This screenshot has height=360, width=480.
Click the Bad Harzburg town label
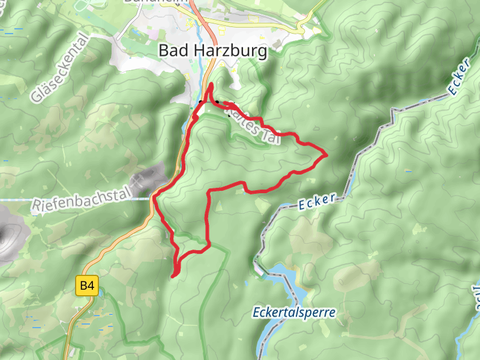tap(212, 52)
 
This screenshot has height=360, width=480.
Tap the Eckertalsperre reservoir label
tap(293, 313)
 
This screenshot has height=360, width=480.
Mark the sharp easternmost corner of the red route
tap(326, 155)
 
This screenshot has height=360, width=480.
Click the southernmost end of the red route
tap(173, 276)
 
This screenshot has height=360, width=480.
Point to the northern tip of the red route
tap(211, 83)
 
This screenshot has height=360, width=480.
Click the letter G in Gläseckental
tap(38, 95)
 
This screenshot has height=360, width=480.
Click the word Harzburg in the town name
tap(232, 52)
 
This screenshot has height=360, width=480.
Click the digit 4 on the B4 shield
tap(91, 286)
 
